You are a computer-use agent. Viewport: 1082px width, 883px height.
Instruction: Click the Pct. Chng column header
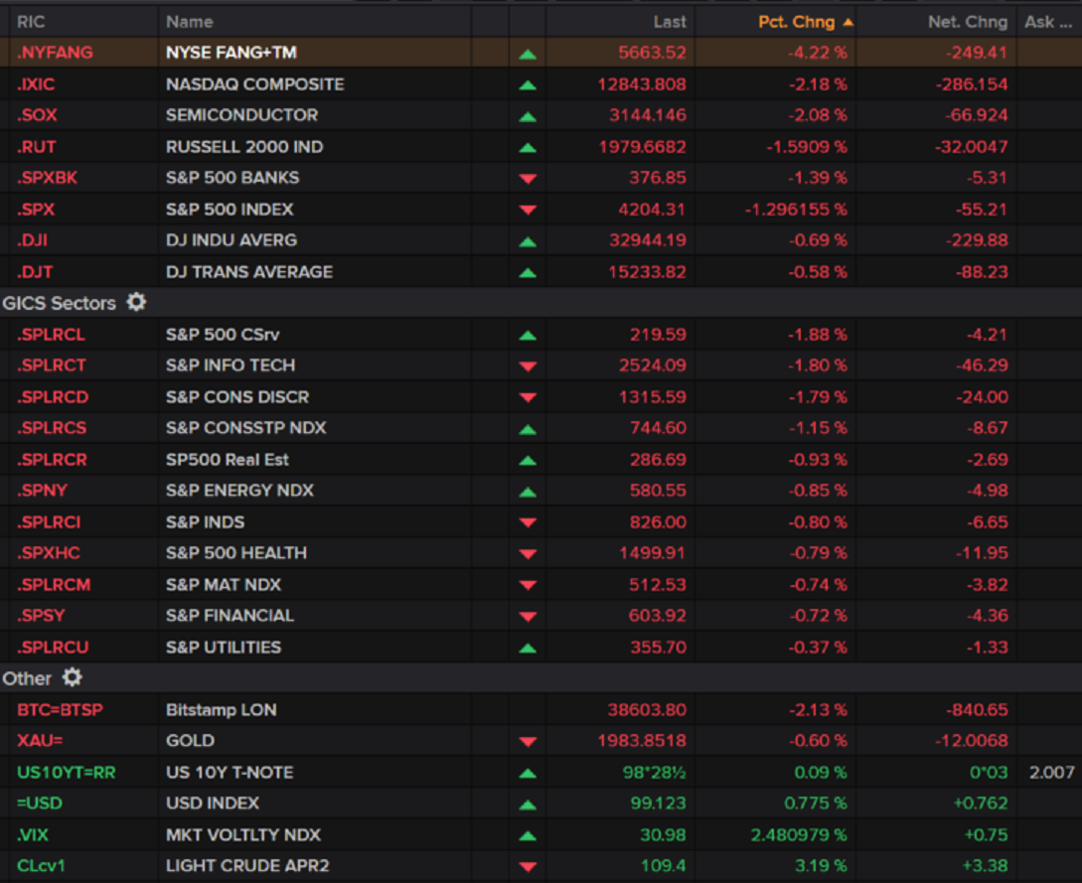click(x=796, y=21)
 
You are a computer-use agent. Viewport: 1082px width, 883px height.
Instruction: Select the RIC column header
click(x=31, y=21)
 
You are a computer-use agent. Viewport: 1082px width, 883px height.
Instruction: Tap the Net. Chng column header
click(x=969, y=21)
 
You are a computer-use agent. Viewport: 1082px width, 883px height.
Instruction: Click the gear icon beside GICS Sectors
click(x=136, y=302)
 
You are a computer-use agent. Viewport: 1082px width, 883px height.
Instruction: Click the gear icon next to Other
click(x=73, y=677)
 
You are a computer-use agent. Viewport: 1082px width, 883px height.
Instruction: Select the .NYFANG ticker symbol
click(x=55, y=53)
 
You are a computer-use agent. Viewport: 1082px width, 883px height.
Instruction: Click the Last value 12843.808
click(x=642, y=84)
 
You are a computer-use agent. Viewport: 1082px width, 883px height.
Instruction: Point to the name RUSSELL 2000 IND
click(x=244, y=147)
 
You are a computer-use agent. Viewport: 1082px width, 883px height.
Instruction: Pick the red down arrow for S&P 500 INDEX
click(x=528, y=210)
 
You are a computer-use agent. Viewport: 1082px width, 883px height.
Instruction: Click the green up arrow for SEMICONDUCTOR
click(x=528, y=116)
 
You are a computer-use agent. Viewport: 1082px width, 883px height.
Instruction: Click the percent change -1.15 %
click(x=818, y=428)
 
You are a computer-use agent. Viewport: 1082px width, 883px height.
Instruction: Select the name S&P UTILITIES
click(x=224, y=648)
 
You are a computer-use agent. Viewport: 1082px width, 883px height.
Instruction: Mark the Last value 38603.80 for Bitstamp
click(x=647, y=710)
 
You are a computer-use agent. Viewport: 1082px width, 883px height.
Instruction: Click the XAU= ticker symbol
click(x=40, y=741)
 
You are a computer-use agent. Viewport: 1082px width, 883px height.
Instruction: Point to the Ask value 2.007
click(x=1052, y=773)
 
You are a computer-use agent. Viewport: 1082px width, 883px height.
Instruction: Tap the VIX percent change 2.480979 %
click(x=797, y=835)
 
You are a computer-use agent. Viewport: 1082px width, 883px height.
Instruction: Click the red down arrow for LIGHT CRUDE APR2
click(x=528, y=867)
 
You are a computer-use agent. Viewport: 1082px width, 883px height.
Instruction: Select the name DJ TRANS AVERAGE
click(x=249, y=272)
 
